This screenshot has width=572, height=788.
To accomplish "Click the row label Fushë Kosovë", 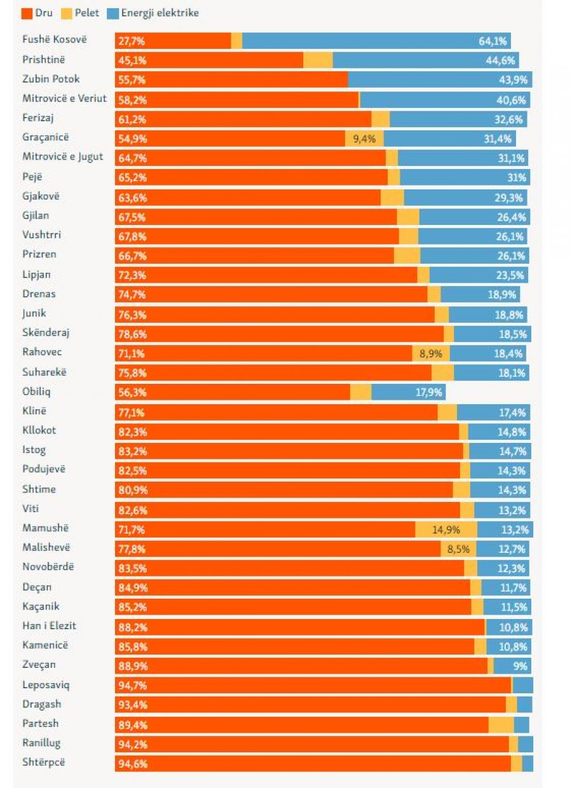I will [x=54, y=39].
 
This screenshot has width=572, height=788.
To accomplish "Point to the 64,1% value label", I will [x=493, y=41].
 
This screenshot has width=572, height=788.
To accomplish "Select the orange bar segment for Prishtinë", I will [x=209, y=60].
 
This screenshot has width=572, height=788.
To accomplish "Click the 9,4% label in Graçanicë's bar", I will [x=364, y=139].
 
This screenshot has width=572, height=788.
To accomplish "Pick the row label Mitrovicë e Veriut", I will [x=65, y=98].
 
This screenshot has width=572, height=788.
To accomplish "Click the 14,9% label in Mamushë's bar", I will [x=446, y=529].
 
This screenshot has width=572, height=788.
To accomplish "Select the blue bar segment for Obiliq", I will [x=408, y=392].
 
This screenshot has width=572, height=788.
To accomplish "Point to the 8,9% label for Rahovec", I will [x=430, y=353].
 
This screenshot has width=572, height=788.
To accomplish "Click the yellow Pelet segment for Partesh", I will [x=501, y=724].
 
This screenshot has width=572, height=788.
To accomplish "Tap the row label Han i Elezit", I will [x=49, y=626].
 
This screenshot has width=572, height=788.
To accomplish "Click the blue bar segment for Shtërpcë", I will [x=528, y=763].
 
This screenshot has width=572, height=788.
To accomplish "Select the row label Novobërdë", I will [x=48, y=567].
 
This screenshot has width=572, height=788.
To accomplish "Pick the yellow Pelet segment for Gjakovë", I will [x=392, y=198].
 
